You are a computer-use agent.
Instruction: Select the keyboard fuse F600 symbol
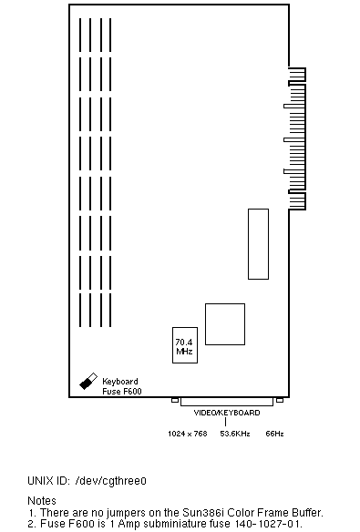click(88, 382)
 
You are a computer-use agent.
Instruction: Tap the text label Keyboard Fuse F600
click(122, 386)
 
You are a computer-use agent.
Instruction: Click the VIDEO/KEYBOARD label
click(227, 413)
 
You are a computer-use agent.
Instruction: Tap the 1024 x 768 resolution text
click(188, 434)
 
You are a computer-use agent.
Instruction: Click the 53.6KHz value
click(235, 434)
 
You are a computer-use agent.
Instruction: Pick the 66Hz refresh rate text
click(274, 434)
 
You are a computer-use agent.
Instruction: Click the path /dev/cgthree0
click(111, 481)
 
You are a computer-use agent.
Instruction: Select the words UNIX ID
click(49, 481)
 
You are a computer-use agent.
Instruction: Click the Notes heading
click(42, 501)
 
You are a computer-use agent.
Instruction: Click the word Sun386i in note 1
click(203, 512)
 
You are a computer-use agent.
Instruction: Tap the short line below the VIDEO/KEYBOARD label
click(225, 422)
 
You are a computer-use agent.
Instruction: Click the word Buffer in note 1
click(307, 512)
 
